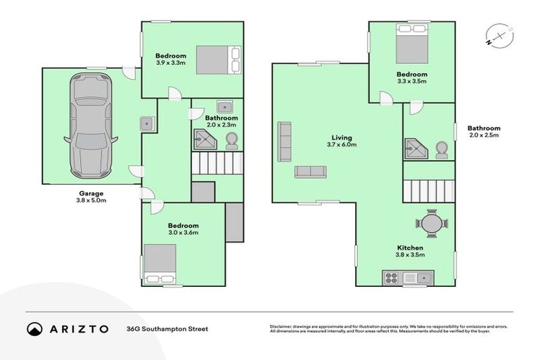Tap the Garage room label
tap(91, 193)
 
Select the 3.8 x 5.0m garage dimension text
tap(91, 200)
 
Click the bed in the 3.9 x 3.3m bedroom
tap(218, 60)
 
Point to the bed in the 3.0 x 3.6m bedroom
tap(160, 263)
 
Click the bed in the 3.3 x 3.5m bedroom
tap(411, 45)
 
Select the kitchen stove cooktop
tap(391, 278)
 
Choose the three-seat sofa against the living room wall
tap(285, 141)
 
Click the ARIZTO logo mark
tap(34, 328)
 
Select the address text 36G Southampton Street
tap(167, 328)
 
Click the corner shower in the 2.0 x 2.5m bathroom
tap(416, 149)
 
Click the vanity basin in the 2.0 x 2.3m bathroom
tap(225, 107)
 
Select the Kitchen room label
tap(410, 248)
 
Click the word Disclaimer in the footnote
tap(283, 326)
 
